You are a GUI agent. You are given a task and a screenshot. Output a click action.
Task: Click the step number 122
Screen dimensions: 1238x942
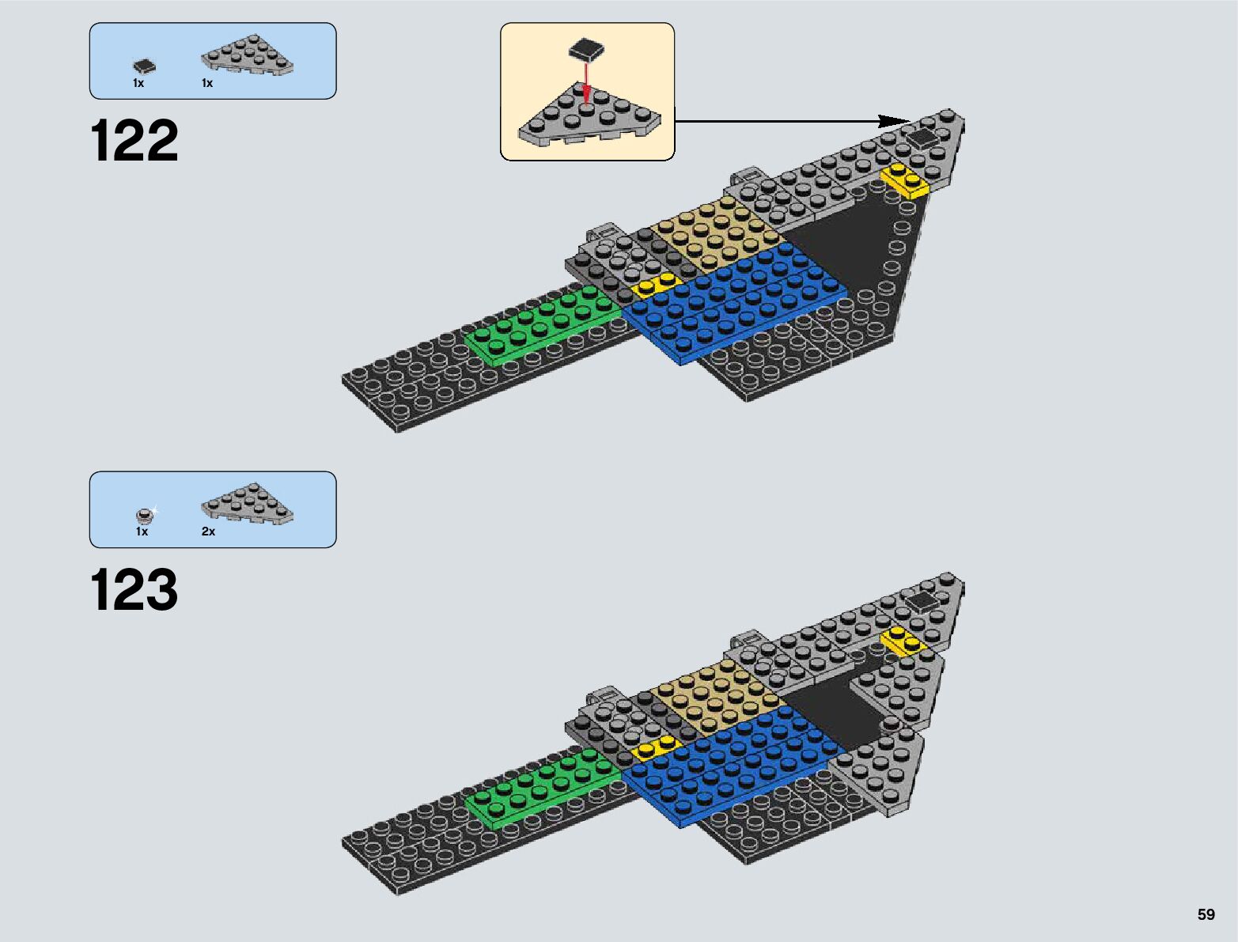(134, 142)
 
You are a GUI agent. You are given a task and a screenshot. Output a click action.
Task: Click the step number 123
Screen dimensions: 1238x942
(134, 590)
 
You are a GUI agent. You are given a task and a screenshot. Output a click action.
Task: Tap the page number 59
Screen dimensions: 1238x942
(1206, 914)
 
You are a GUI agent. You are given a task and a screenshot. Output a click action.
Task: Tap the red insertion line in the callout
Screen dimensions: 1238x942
(585, 79)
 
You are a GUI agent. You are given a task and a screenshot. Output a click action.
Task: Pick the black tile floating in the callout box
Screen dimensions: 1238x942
(586, 50)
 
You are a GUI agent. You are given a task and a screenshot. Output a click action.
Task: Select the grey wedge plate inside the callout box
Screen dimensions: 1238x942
(589, 119)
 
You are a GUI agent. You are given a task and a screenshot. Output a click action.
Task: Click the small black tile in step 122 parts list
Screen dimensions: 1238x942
(144, 66)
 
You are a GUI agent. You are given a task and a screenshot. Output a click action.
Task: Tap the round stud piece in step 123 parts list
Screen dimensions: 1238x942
(144, 516)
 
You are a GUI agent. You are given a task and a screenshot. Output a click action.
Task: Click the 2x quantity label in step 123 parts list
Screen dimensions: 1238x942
(208, 532)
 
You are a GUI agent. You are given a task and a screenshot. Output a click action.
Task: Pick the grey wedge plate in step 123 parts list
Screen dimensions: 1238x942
(247, 505)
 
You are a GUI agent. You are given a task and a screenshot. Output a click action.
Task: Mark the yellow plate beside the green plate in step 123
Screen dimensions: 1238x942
(657, 747)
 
